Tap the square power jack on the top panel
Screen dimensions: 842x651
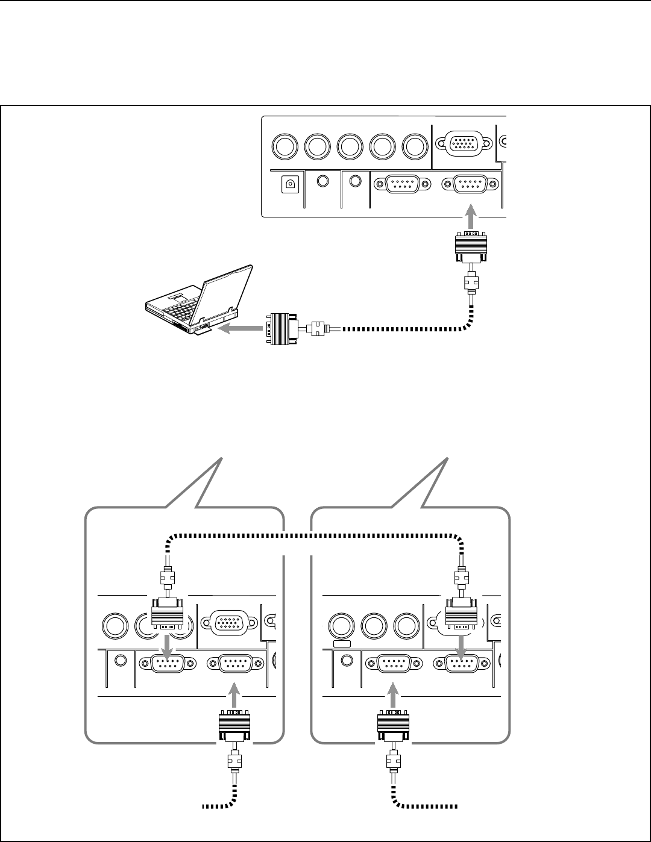pos(291,184)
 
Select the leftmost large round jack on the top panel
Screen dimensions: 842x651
pos(286,146)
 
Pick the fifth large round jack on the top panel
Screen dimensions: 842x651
pos(414,146)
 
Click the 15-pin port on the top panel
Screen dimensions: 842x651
pos(463,145)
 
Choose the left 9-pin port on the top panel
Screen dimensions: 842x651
pos(403,184)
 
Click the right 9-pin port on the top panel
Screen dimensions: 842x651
pos(471,184)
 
